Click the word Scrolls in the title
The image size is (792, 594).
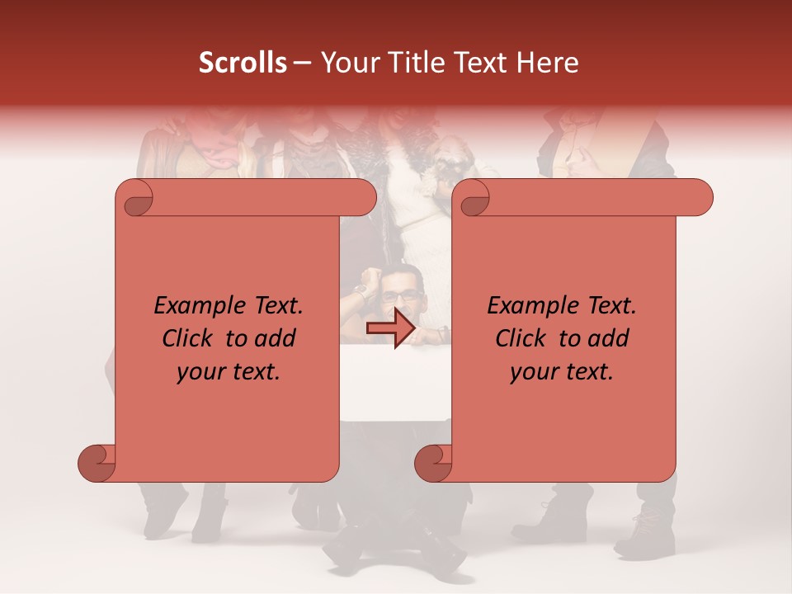[243, 64]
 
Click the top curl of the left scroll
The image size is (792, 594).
[135, 199]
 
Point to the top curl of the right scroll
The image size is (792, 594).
[472, 199]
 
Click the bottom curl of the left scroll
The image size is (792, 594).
[97, 462]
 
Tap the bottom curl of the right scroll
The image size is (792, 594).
[434, 462]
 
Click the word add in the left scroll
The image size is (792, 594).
[276, 339]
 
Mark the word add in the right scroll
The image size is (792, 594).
[610, 339]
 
